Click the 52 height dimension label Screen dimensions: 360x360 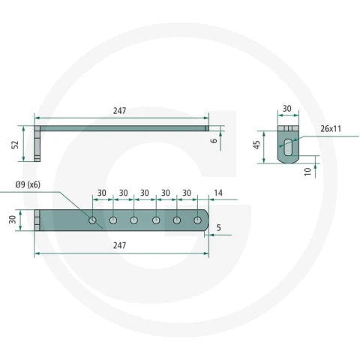click(16, 145)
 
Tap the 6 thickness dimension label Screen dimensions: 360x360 click(214, 140)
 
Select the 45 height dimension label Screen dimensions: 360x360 click(256, 145)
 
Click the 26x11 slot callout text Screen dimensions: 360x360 click(331, 129)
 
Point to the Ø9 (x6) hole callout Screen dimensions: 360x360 click(28, 184)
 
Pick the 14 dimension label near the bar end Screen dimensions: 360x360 click(218, 193)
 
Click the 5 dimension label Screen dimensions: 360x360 click(219, 228)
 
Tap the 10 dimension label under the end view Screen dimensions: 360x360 click(307, 172)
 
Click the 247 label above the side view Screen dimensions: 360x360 click(119, 111)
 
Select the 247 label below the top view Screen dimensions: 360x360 click(119, 245)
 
